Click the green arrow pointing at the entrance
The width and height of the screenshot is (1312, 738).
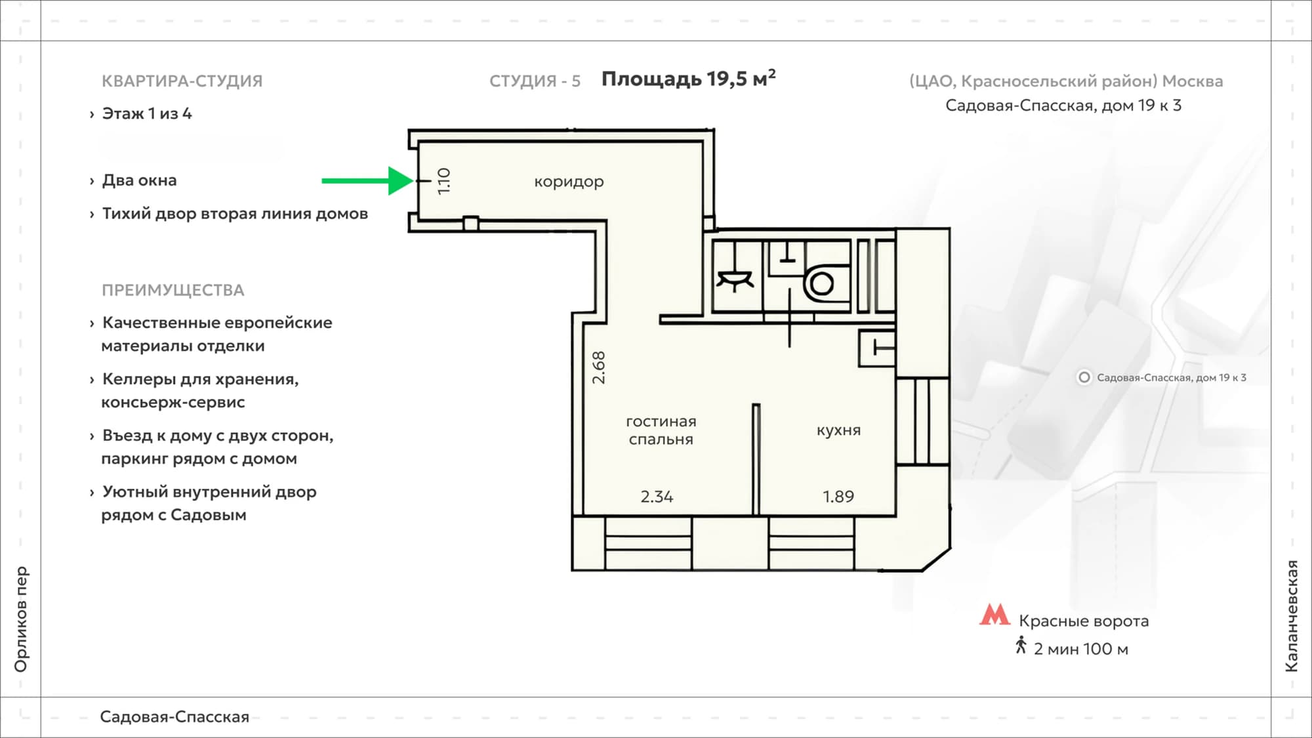point(367,180)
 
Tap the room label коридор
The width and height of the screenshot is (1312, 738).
point(569,182)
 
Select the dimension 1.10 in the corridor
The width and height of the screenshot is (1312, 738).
point(444,180)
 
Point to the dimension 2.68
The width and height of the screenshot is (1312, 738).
point(598,367)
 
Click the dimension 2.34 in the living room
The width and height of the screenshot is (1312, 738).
point(657,497)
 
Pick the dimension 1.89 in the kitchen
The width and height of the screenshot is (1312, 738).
point(838,497)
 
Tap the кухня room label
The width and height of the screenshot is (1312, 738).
point(838,430)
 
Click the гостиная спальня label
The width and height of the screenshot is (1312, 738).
point(661,430)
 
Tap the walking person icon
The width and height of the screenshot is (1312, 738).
point(1021,645)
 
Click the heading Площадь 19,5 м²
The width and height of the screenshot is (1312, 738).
point(689,79)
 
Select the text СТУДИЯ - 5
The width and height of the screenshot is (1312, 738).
point(535,81)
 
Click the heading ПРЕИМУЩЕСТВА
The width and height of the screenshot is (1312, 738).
point(173,290)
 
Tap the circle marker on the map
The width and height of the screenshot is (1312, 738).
point(1084,377)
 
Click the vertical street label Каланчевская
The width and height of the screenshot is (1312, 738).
point(1291,616)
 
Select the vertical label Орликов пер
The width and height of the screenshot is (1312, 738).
point(21,619)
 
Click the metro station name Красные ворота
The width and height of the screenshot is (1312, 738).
point(1084,621)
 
